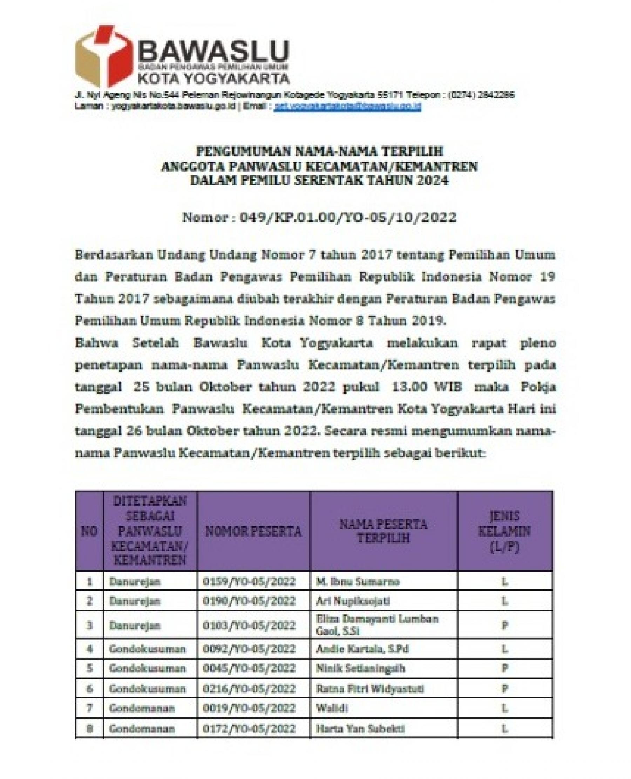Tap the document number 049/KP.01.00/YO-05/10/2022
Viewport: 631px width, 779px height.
(x=347, y=217)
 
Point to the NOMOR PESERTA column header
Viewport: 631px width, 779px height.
(x=253, y=532)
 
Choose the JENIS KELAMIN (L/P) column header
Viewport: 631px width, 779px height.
(x=504, y=532)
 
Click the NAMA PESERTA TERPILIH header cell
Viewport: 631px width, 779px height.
(x=383, y=532)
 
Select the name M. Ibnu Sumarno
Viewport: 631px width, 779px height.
(x=358, y=582)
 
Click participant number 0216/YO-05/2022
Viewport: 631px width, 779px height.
(x=249, y=689)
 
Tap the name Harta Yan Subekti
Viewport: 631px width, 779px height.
(x=360, y=729)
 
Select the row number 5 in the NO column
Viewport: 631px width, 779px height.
(x=89, y=668)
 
